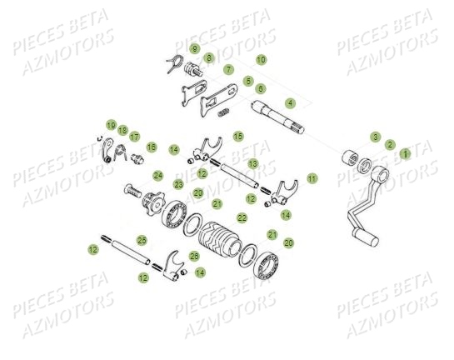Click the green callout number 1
(x=405, y=154)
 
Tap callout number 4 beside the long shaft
(x=290, y=102)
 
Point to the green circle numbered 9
(x=194, y=49)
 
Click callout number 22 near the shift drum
(x=242, y=217)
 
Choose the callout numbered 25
(x=142, y=240)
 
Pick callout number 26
(x=194, y=255)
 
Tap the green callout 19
(x=111, y=124)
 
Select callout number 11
(x=312, y=178)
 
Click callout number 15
(x=238, y=136)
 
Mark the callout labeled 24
(x=157, y=175)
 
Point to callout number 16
(x=152, y=147)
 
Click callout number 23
(x=178, y=184)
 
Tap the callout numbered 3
(x=376, y=137)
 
